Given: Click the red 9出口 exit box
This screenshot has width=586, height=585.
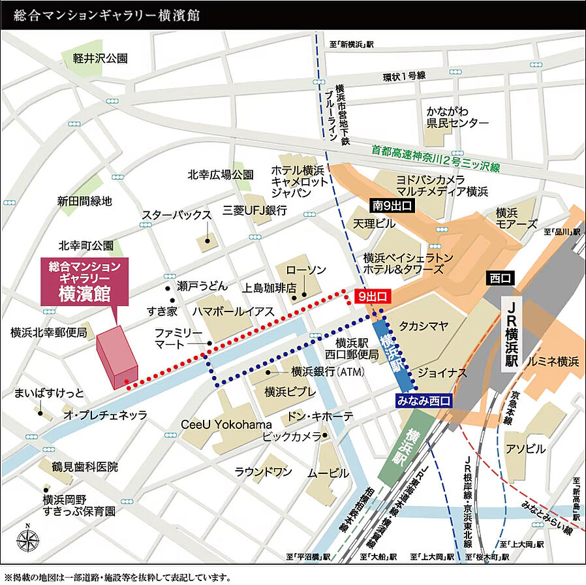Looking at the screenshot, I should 373,296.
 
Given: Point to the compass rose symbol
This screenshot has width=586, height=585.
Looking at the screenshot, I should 27,540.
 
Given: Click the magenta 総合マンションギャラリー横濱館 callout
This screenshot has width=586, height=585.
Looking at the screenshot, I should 85,281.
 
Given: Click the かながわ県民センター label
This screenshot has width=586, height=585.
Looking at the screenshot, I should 457,116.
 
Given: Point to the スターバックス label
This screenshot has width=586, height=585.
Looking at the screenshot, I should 177,215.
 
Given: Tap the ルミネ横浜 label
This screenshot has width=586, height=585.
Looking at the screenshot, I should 554,361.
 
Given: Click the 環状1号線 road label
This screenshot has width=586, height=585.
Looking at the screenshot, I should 404,76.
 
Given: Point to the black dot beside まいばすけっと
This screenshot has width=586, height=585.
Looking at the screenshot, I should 40,413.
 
